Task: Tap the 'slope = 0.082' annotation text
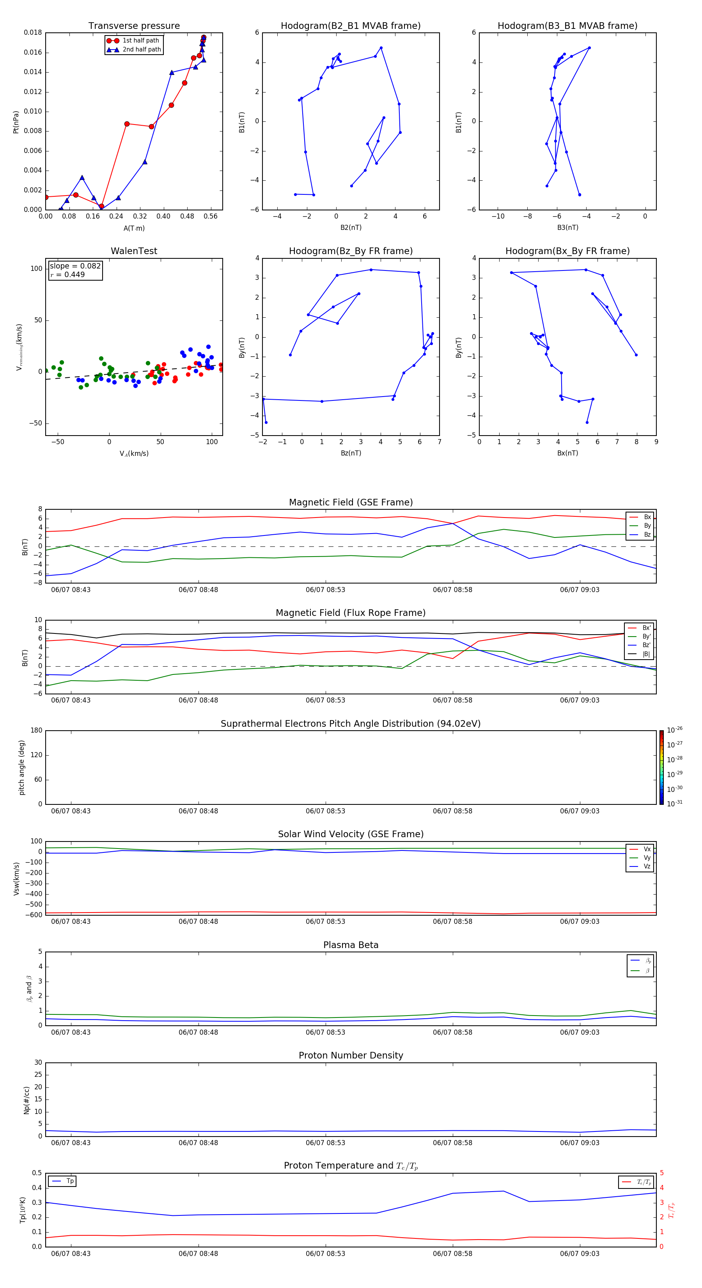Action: tap(75, 266)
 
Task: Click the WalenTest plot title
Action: tap(134, 251)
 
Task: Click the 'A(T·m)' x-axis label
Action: tap(134, 228)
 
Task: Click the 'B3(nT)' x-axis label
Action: tap(567, 228)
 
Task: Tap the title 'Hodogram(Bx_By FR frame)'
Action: tap(567, 251)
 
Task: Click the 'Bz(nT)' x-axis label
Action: tap(351, 453)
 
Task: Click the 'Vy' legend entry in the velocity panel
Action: tap(647, 857)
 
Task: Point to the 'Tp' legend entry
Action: tap(70, 1181)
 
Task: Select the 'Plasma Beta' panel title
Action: tap(351, 945)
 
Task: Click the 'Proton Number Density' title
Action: tap(351, 1055)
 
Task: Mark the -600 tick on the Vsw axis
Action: tap(34, 915)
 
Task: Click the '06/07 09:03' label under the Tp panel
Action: tap(580, 1254)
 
